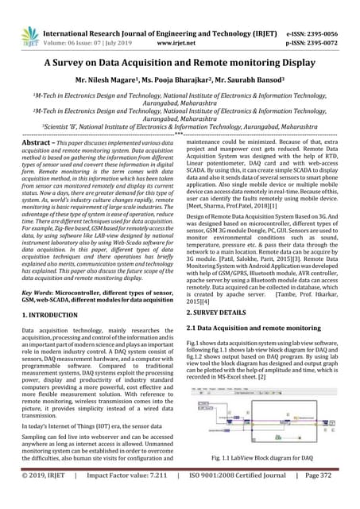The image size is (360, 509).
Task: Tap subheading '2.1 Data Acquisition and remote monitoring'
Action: [254, 328]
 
